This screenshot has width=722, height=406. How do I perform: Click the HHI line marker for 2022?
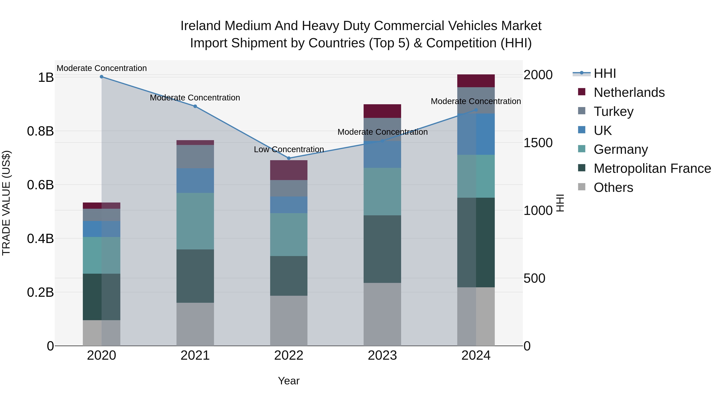pyautogui.click(x=289, y=158)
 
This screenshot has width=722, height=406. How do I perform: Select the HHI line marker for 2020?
pyautogui.click(x=101, y=77)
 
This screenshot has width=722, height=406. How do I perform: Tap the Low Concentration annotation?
pyautogui.click(x=289, y=149)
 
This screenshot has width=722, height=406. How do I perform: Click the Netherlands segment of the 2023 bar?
pyautogui.click(x=382, y=111)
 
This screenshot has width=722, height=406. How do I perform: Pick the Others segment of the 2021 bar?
pyautogui.click(x=195, y=324)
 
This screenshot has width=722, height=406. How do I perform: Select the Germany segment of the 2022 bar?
pyautogui.click(x=289, y=235)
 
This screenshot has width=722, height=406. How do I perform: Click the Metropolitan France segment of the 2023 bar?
pyautogui.click(x=382, y=249)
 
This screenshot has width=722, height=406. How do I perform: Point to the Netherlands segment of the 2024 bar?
pyautogui.click(x=476, y=81)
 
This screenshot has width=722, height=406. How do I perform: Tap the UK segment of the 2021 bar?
pyautogui.click(x=195, y=180)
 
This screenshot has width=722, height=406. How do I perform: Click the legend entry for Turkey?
pyautogui.click(x=613, y=111)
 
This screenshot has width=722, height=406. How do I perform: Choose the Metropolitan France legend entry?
pyautogui.click(x=652, y=168)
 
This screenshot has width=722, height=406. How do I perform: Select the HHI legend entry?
pyautogui.click(x=604, y=73)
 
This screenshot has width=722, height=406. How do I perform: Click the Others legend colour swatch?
pyautogui.click(x=582, y=187)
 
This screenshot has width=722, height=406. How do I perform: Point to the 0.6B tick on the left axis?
pyautogui.click(x=40, y=185)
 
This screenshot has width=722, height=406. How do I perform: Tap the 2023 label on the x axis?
pyautogui.click(x=382, y=355)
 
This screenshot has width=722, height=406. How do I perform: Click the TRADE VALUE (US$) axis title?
pyautogui.click(x=6, y=203)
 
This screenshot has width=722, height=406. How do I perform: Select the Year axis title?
pyautogui.click(x=289, y=381)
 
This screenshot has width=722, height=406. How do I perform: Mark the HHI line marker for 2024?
pyautogui.click(x=476, y=110)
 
